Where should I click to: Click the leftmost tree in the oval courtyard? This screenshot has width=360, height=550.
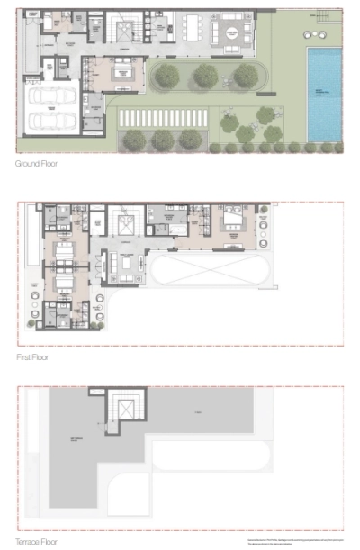coord(166,77)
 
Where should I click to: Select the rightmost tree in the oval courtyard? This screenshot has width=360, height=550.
coord(245,77)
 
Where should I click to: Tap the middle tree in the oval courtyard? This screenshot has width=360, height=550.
coord(206,77)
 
